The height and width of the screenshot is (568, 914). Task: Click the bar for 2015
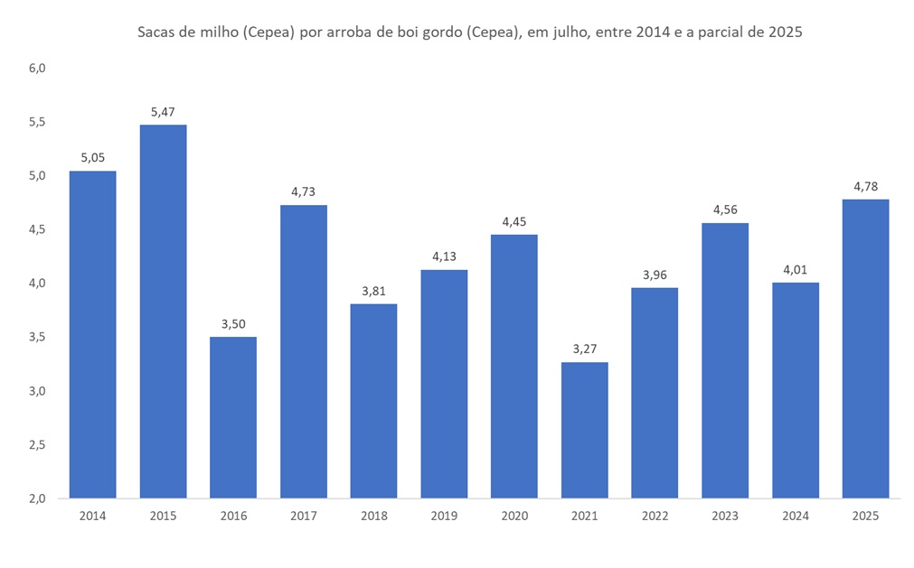coord(163,312)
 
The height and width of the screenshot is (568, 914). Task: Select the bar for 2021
coord(584,430)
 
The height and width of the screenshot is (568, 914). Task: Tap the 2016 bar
coord(233,417)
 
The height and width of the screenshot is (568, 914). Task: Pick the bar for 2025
coord(865,349)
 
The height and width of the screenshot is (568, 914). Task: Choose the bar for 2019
coord(444,384)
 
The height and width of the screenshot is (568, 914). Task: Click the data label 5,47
coord(163,112)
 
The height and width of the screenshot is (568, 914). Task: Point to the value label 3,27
coord(584,349)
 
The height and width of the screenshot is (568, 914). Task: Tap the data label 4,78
coord(865,187)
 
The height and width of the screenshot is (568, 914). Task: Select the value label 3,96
coord(655,275)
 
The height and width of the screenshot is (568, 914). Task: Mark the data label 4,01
coord(795,270)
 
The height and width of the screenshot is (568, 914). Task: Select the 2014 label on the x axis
coord(92,516)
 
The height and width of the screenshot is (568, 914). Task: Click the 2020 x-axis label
coord(514,516)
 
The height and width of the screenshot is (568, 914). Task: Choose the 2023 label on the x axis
coord(725,516)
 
